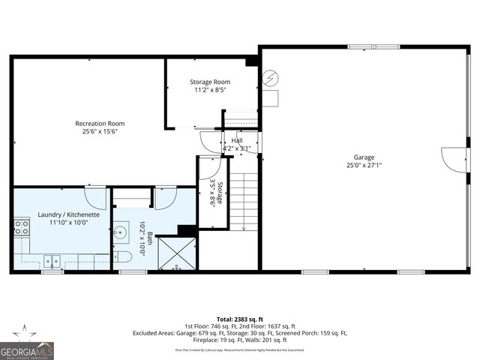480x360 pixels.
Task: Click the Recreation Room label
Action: (100, 123)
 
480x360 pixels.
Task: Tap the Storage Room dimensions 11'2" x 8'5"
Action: (209, 90)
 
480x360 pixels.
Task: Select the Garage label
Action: (364, 157)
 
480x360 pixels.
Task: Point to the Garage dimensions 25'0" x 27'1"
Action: (364, 165)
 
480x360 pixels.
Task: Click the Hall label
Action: (237, 140)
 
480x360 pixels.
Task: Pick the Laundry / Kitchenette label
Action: (63, 214)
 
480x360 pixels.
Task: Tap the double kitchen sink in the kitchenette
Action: (51, 261)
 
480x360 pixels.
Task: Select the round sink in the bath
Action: (121, 233)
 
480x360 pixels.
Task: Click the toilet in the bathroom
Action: (125, 257)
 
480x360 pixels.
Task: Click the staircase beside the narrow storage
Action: (243, 198)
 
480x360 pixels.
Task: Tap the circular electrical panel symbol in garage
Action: (269, 77)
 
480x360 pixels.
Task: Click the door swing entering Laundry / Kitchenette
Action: (96, 196)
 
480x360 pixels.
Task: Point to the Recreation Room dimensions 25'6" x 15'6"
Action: (100, 131)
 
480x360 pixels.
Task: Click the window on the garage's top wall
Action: (373, 46)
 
